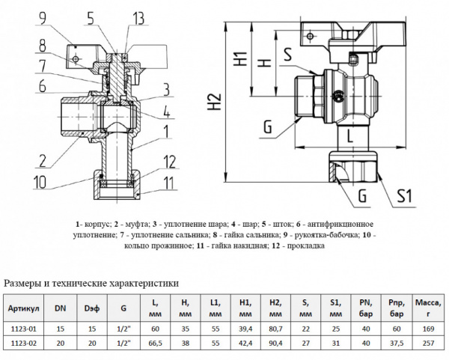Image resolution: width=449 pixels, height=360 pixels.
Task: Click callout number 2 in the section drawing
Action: pyautogui.click(x=42, y=159)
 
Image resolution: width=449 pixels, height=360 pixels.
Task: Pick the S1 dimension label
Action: pyautogui.click(x=404, y=197)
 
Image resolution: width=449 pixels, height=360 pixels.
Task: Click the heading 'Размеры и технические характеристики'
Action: pyautogui.click(x=91, y=283)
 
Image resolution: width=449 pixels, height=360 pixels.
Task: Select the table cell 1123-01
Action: pyautogui.click(x=24, y=327)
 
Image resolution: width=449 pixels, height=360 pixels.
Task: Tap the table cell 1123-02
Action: pyautogui.click(x=24, y=344)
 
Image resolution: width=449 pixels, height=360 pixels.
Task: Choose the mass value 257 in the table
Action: pyautogui.click(x=427, y=344)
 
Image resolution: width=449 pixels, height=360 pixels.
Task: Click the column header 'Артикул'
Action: pyautogui.click(x=24, y=308)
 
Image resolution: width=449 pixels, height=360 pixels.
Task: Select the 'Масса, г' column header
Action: pyautogui.click(x=427, y=308)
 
